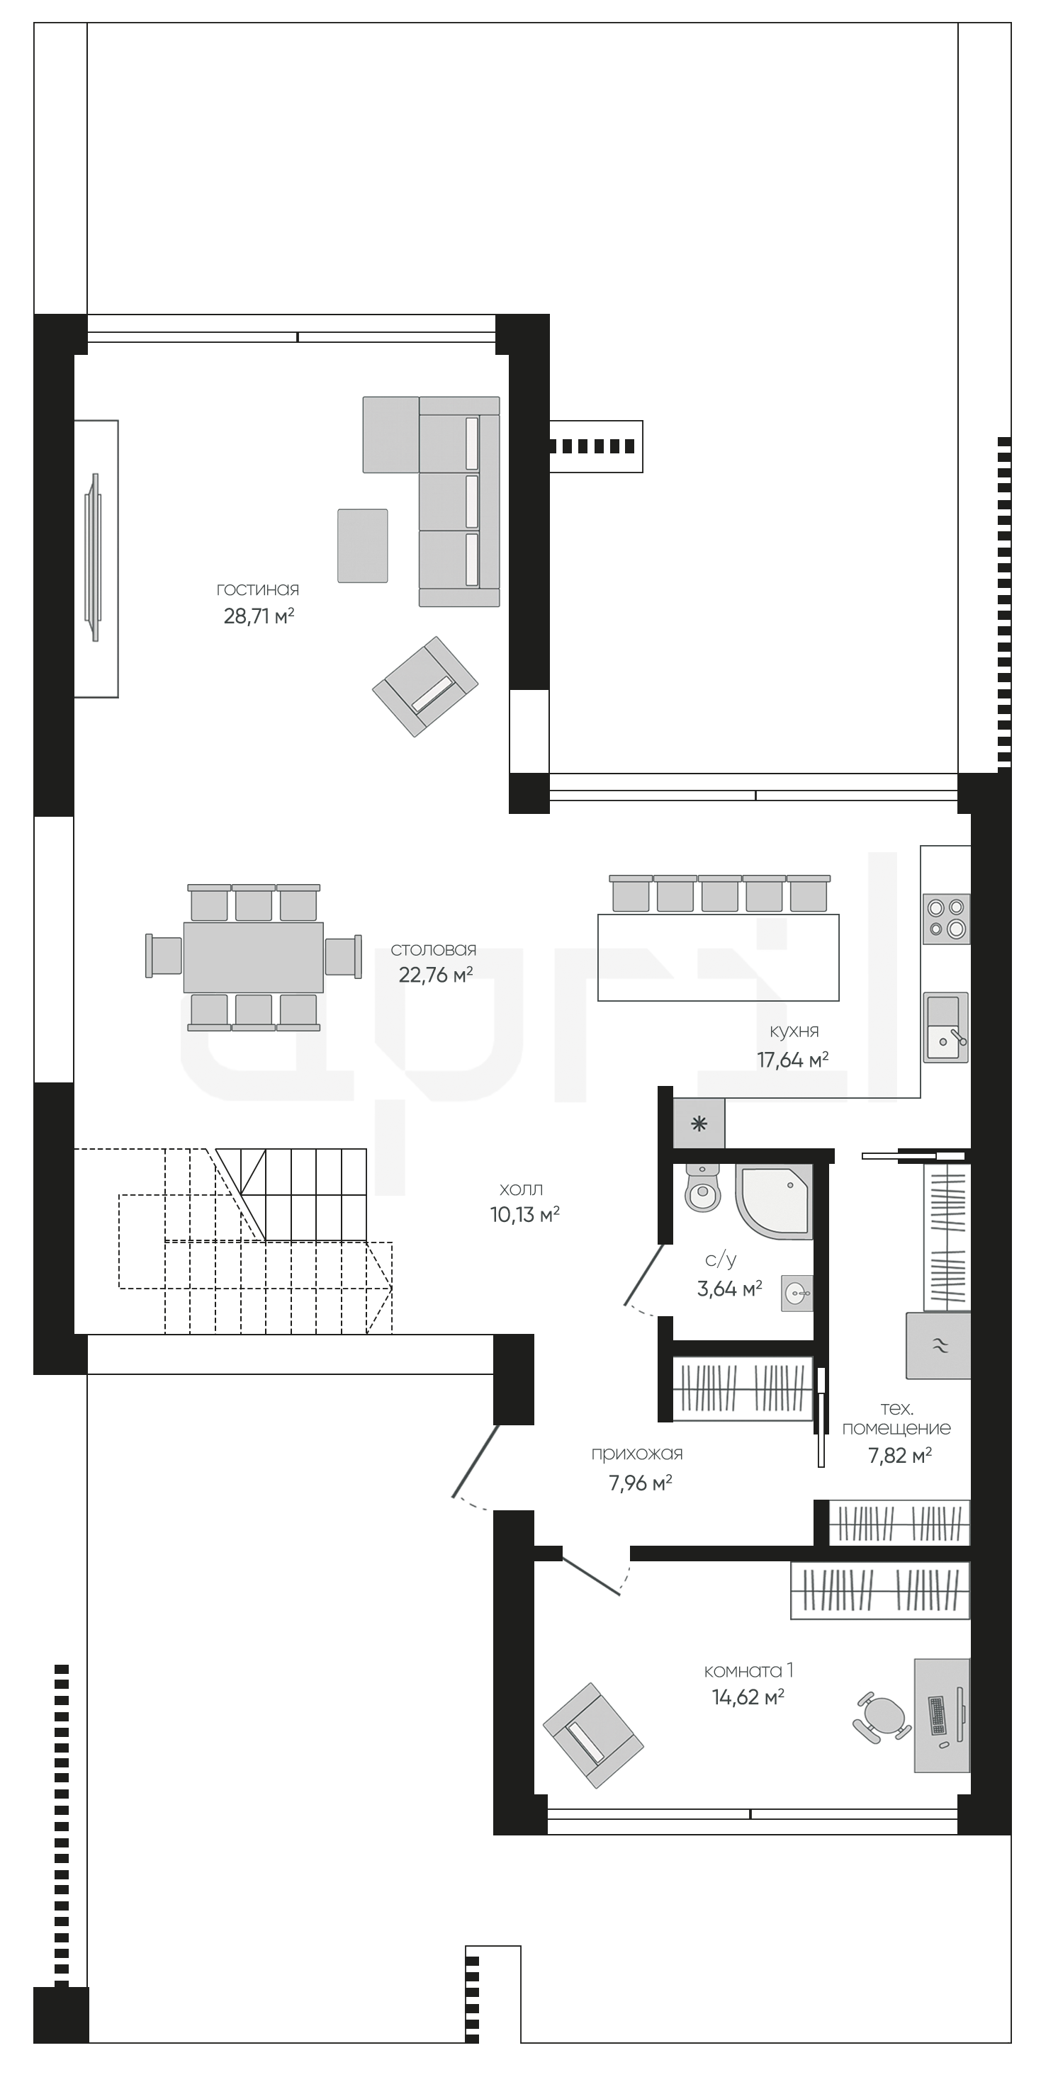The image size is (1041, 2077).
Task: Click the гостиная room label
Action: coord(258,589)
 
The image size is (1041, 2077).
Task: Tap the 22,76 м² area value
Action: coord(435,975)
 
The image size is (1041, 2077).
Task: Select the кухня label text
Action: coord(794,1031)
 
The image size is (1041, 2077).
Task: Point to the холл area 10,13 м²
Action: coord(525,1214)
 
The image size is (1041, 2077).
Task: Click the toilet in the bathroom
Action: coord(702,1188)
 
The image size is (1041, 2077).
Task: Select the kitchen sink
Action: coord(946,1027)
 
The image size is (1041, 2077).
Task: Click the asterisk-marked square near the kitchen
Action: coord(698,1124)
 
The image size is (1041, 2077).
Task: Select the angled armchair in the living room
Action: coord(425,686)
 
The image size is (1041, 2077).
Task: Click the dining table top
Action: coord(253,957)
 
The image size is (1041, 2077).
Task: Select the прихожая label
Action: coord(637,1454)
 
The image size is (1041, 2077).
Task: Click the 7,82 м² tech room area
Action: coord(900,1455)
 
